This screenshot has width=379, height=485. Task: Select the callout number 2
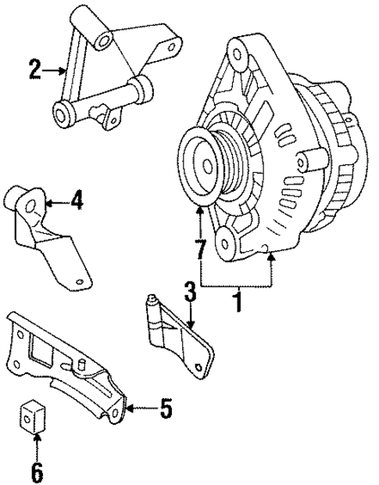(34, 70)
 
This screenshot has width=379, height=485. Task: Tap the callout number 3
(188, 294)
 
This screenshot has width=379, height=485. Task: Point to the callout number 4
(76, 202)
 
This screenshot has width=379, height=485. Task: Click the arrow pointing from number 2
(55, 71)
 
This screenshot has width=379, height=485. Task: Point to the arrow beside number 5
(137, 408)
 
